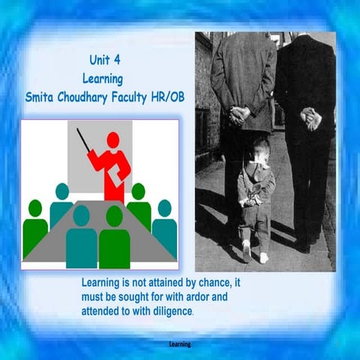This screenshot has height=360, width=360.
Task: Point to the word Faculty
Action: pos(124,97)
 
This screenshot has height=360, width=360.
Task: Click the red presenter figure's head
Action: pos(113,140)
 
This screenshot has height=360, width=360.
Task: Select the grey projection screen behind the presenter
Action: pos(139,154)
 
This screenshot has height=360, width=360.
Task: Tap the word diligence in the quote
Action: pos(169,310)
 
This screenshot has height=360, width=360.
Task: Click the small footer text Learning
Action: pos(180,344)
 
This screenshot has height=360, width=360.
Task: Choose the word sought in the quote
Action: pos(145,297)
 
